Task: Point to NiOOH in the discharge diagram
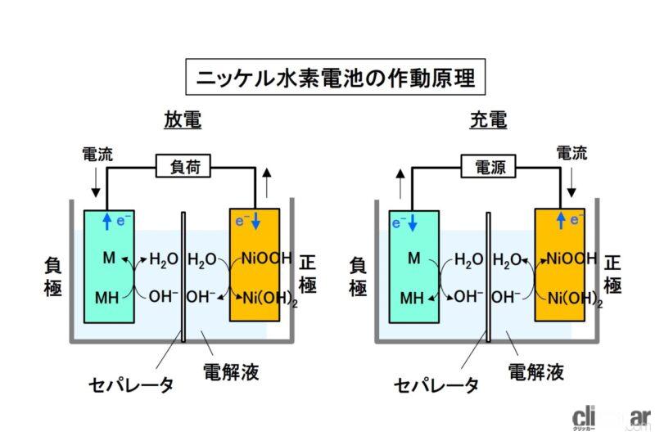264,259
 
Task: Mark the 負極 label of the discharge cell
54,276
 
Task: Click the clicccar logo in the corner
610,416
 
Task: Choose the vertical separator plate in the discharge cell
183,278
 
